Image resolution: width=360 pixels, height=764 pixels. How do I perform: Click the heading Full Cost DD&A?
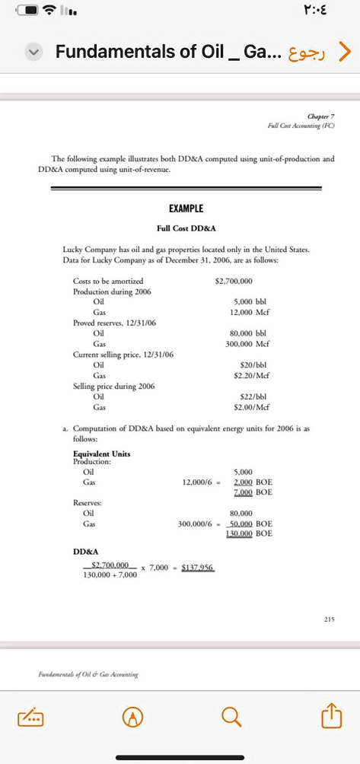186,228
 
